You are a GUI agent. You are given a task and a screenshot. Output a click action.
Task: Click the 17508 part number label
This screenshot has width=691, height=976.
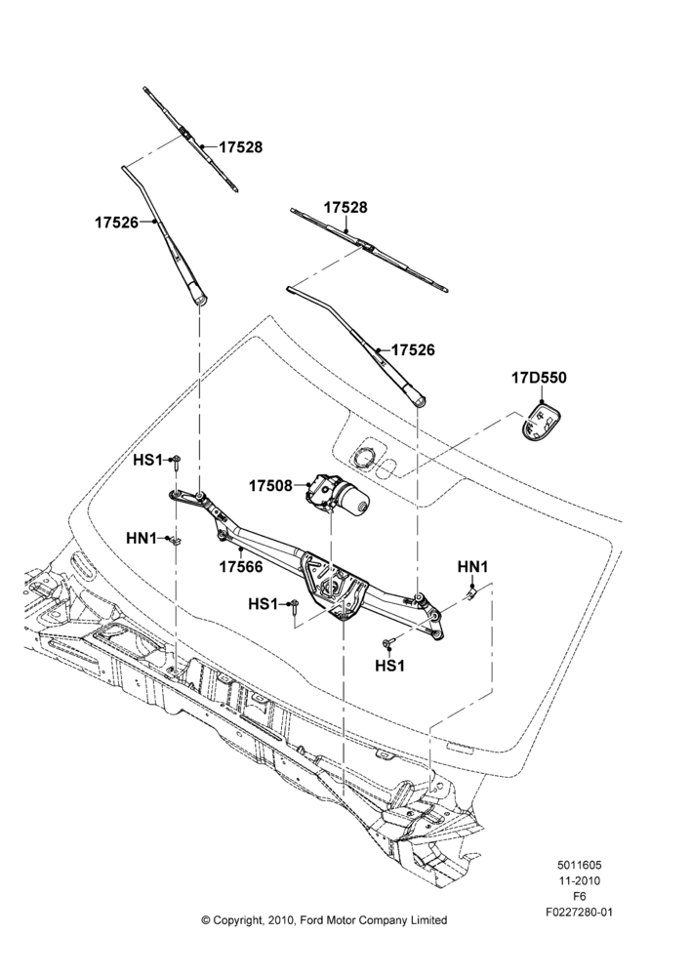click(270, 485)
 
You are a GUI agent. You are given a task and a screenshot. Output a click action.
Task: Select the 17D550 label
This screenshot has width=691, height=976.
click(539, 378)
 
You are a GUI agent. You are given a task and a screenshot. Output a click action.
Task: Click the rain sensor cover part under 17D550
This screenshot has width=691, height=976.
click(541, 422)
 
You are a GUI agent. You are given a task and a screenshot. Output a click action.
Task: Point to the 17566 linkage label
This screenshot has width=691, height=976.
click(241, 567)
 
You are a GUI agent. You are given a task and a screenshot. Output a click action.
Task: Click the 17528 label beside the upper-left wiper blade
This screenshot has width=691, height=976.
click(240, 147)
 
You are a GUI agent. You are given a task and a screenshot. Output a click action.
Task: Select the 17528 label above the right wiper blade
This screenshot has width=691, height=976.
click(345, 207)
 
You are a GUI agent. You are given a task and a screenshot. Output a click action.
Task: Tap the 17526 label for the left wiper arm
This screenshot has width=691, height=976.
click(116, 223)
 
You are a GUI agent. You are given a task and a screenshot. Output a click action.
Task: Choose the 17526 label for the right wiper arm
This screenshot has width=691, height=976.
click(414, 350)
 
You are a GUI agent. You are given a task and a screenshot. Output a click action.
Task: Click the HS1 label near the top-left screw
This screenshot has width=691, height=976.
click(147, 460)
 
